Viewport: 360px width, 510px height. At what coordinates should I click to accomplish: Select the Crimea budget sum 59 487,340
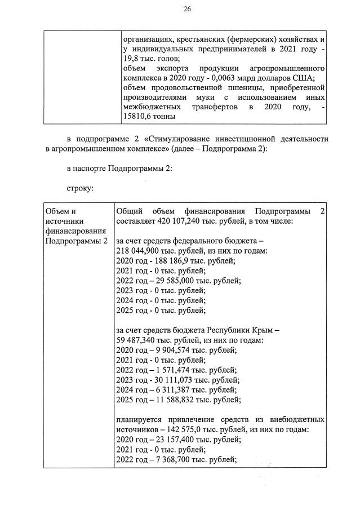click(137, 340)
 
